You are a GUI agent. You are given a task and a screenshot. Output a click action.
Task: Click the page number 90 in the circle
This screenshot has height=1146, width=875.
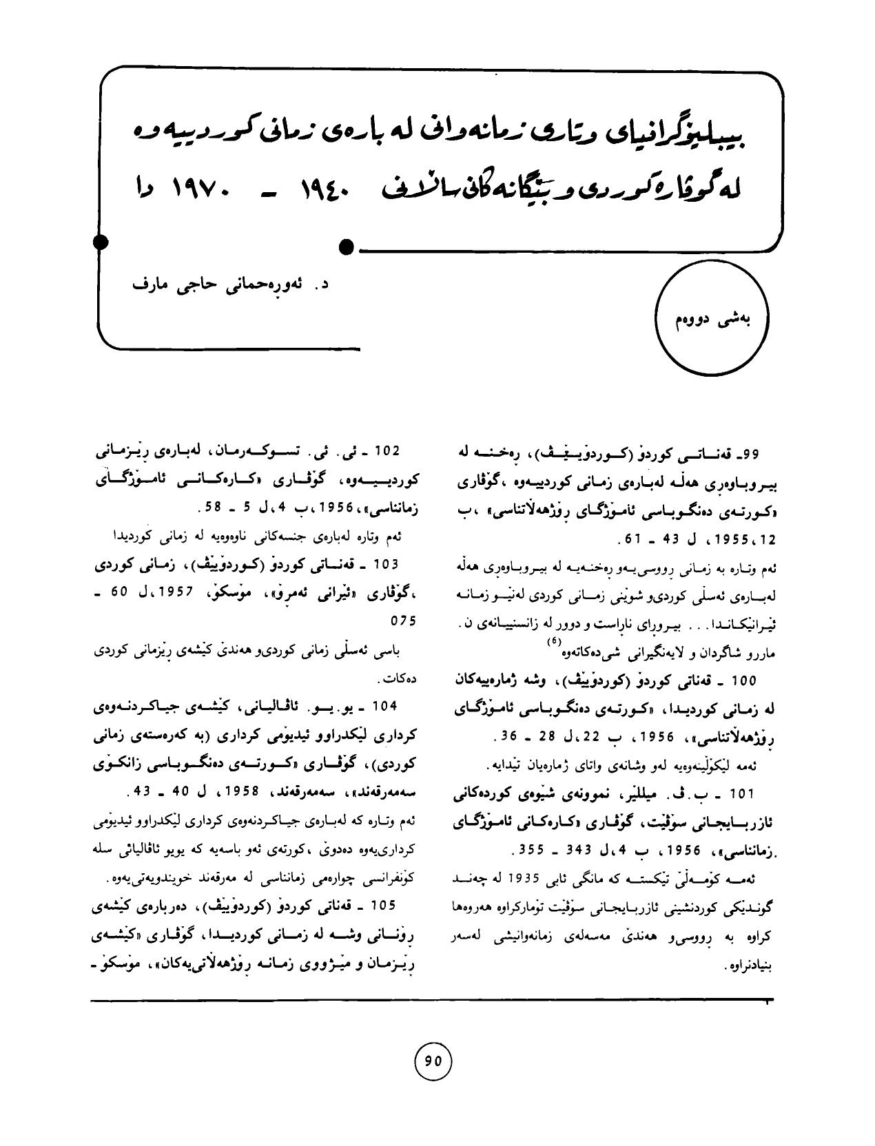point(433,1061)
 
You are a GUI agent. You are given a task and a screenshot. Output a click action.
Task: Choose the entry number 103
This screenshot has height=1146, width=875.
point(386,564)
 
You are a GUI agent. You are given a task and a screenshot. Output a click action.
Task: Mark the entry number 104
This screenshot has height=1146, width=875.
point(386,707)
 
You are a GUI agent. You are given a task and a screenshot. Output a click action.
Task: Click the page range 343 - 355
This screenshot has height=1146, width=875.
point(542,851)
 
